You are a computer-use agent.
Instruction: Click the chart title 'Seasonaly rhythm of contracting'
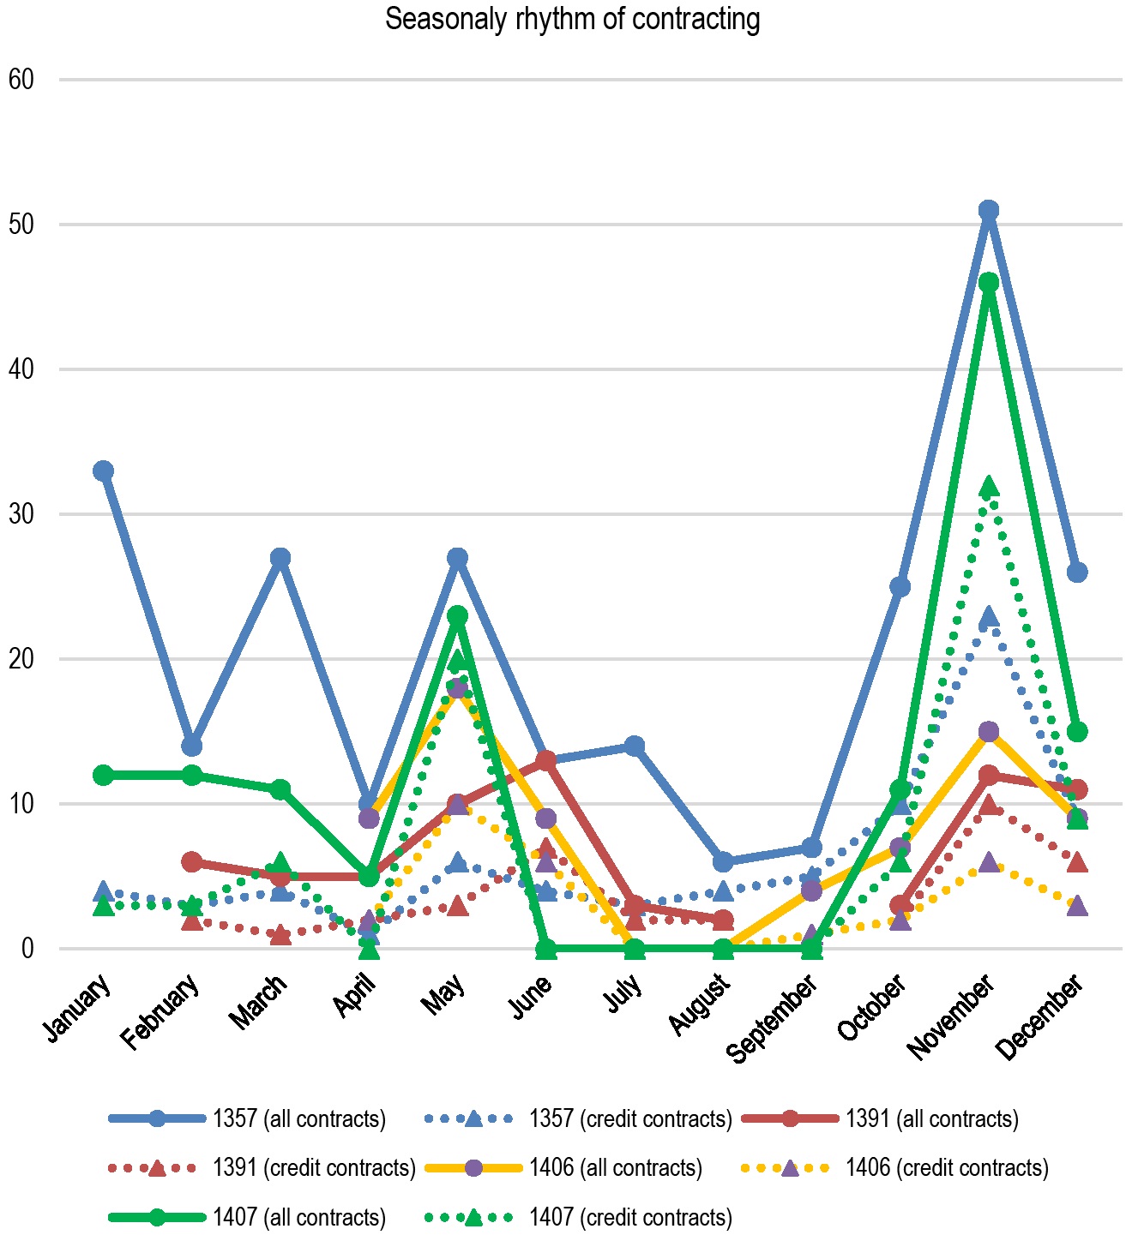(572, 19)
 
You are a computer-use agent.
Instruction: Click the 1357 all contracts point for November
(988, 210)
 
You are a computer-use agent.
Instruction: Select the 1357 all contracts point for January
(104, 471)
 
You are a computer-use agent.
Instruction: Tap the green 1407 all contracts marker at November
(988, 283)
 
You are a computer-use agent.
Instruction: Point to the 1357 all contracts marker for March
(280, 558)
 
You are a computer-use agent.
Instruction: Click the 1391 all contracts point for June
(545, 761)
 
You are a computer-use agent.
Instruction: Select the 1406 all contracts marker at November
(988, 731)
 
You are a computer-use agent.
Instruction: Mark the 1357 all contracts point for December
(1076, 572)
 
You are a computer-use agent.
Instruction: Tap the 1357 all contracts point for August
(722, 861)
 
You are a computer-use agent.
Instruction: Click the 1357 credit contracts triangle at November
(988, 616)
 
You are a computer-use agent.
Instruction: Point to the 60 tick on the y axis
(21, 80)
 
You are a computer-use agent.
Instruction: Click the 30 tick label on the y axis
(21, 514)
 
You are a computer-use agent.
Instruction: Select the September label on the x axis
(772, 1019)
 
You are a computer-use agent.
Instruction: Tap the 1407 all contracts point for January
(104, 775)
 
